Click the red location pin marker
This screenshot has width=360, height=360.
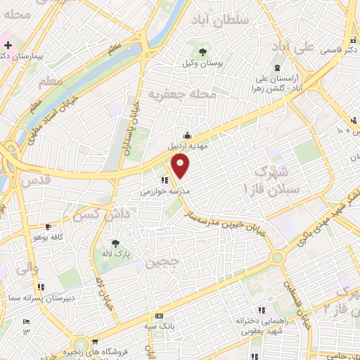pos(181,167)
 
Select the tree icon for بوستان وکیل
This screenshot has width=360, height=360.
pos(203,52)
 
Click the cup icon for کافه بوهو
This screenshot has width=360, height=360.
pos(48,227)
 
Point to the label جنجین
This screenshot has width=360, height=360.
pos(157,264)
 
